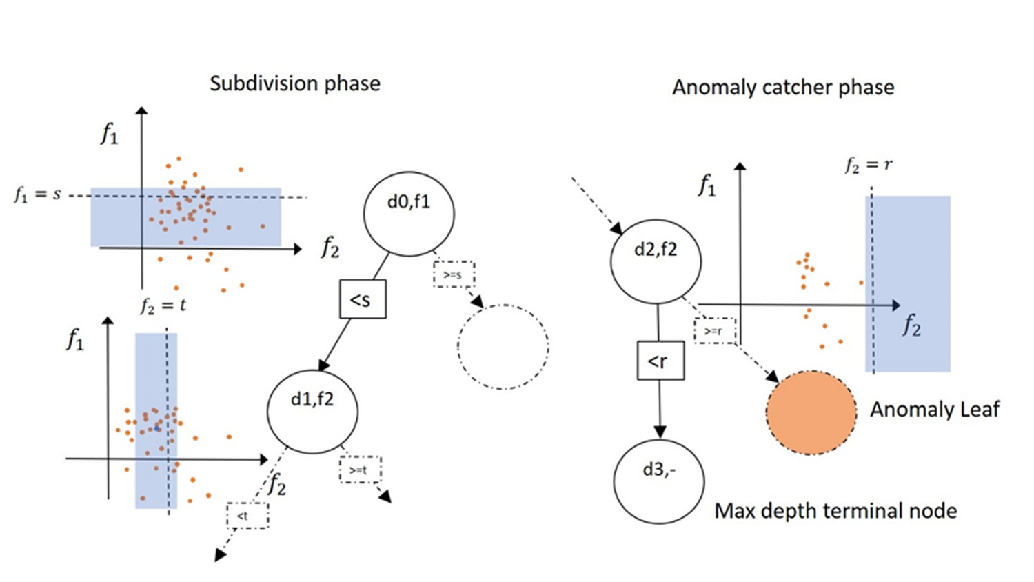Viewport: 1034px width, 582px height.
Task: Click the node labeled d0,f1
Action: pos(409,214)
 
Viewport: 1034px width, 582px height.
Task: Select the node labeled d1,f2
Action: pos(312,411)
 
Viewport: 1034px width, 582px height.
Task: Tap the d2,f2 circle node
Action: pos(656,261)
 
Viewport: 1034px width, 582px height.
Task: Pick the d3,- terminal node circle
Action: pos(658,481)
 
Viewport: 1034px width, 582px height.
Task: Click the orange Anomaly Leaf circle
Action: pos(811,412)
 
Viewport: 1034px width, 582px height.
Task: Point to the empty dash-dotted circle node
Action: pos(503,347)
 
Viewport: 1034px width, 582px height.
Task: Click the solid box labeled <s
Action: pos(363,299)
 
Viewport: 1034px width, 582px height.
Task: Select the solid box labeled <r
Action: pos(660,360)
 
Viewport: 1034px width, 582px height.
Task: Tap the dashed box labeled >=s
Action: pos(454,274)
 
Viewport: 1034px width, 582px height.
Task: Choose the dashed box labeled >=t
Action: pos(360,470)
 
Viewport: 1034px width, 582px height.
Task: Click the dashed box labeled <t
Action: pos(247,515)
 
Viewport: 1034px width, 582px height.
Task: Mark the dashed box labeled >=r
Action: pos(715,331)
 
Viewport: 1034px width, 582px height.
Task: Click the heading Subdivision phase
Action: pos(294,83)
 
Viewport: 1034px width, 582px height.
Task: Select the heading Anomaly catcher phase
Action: pos(783,88)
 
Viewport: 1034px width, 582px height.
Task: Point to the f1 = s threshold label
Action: pos(38,194)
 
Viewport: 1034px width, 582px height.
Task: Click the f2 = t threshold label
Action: pos(163,305)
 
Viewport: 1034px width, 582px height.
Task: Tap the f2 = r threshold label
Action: pos(868,165)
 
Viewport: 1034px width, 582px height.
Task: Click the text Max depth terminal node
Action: pos(835,511)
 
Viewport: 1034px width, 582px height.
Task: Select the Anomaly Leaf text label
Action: pos(934,410)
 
